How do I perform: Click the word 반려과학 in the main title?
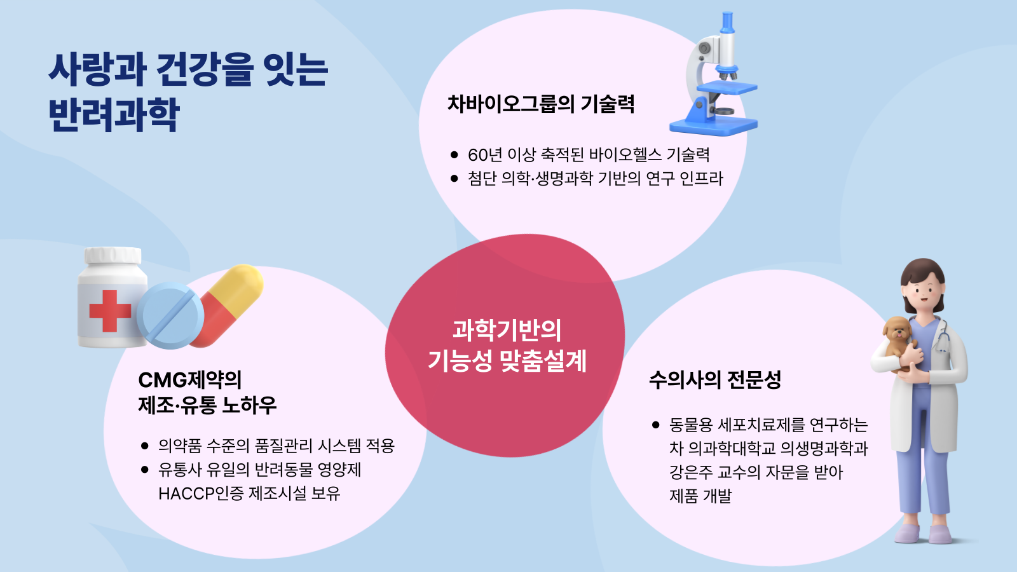pyautogui.click(x=114, y=114)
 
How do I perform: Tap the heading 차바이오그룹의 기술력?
pyautogui.click(x=541, y=104)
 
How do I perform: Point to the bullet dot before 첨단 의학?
pyautogui.click(x=454, y=179)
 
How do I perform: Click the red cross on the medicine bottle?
pyautogui.click(x=110, y=311)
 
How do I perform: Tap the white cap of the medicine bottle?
pyautogui.click(x=113, y=255)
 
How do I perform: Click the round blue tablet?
pyautogui.click(x=170, y=315)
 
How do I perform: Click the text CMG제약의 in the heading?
pyautogui.click(x=190, y=380)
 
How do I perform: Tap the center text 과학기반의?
pyautogui.click(x=507, y=330)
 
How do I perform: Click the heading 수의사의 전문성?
pyautogui.click(x=715, y=380)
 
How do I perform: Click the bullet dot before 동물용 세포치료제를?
pyautogui.click(x=655, y=425)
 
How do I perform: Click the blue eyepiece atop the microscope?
pyautogui.click(x=727, y=22)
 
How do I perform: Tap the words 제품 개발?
pyautogui.click(x=700, y=496)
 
